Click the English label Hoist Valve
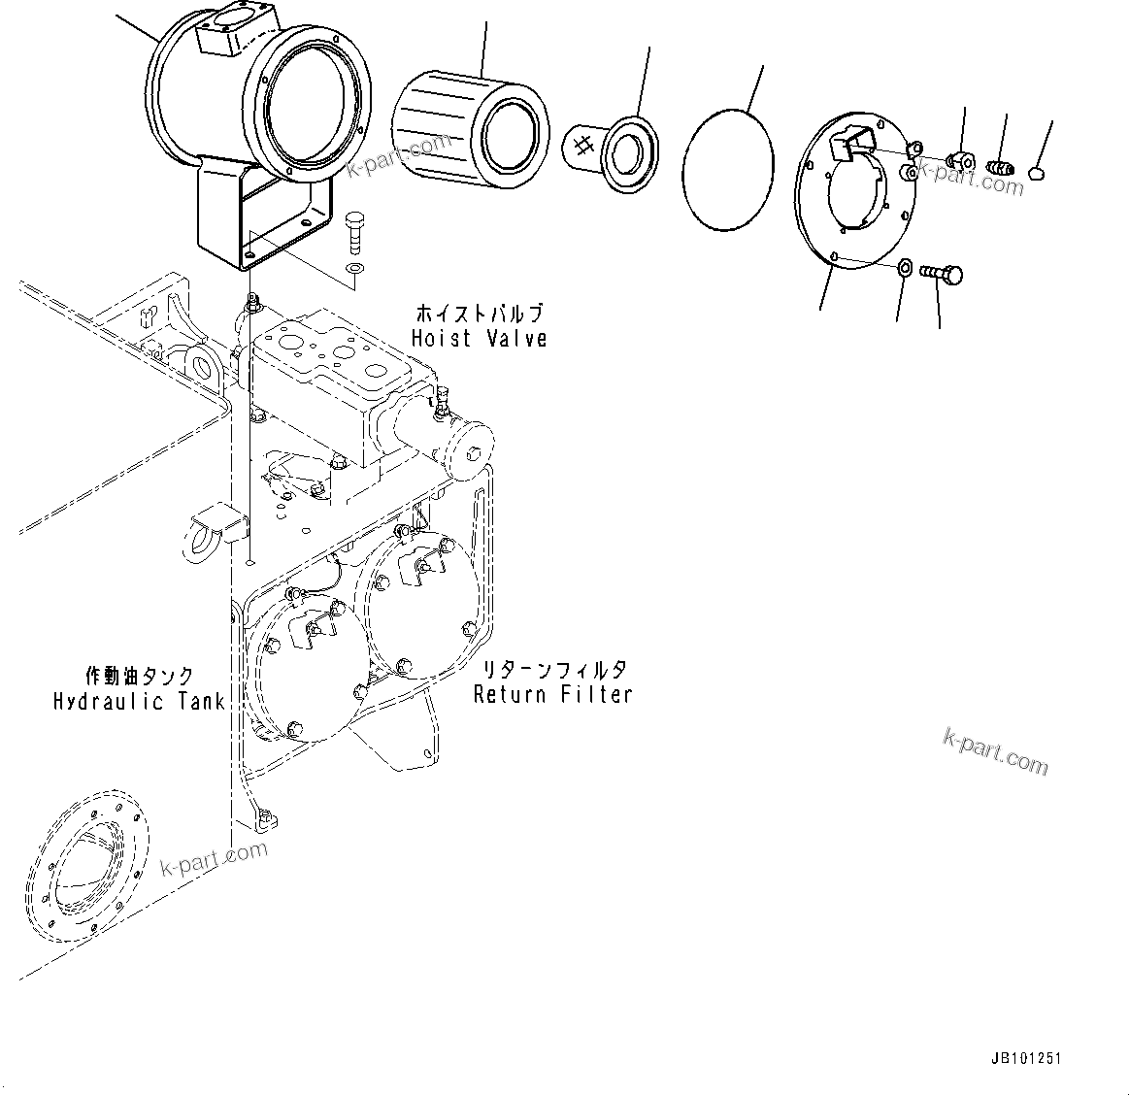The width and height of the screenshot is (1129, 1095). coord(479,339)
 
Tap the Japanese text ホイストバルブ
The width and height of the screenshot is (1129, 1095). coord(479,314)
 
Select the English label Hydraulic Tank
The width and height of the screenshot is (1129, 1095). coord(139,701)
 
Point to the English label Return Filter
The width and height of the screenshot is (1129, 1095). coord(552,694)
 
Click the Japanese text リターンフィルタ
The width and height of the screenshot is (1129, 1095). coord(550,670)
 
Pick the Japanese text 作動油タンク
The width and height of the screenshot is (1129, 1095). coord(139,677)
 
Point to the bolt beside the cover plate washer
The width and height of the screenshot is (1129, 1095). coord(942,275)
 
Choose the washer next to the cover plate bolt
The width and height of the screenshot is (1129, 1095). coord(904,268)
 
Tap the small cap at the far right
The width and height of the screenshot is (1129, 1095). coord(1036,174)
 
